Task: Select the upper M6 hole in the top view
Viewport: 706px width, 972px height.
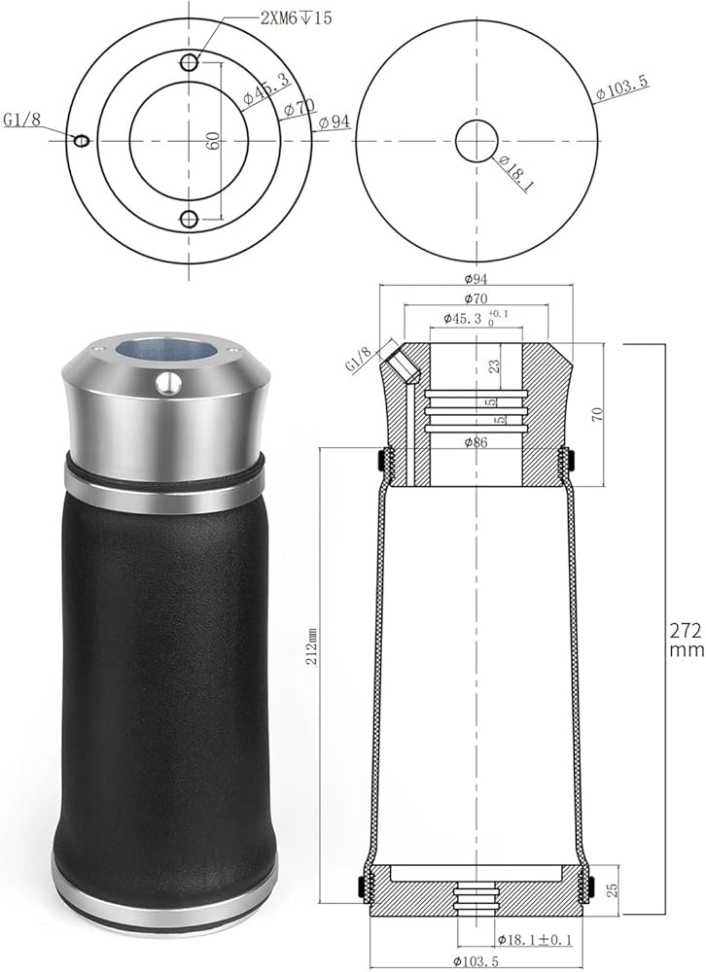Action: [190, 62]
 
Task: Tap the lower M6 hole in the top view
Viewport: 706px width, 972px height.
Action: [190, 219]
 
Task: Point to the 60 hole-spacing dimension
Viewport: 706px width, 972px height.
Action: [213, 140]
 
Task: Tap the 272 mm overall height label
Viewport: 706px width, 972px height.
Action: [687, 640]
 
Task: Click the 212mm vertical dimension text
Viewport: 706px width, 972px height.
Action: [312, 646]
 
